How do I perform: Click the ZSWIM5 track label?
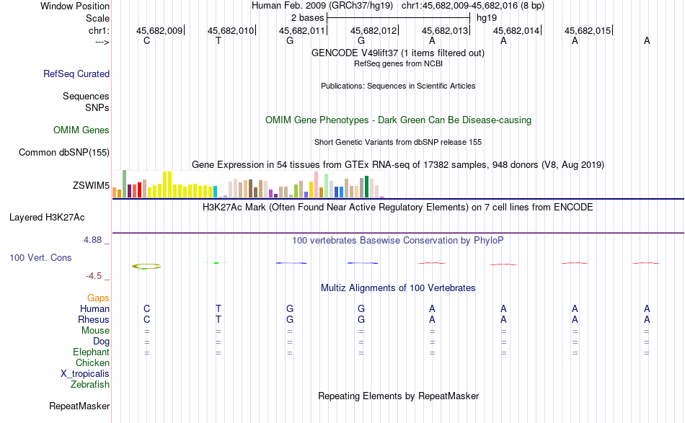(91, 186)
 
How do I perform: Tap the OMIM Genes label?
(81, 130)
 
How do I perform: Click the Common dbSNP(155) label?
(64, 152)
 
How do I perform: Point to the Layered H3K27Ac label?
(52, 217)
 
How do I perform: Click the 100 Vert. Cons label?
(40, 257)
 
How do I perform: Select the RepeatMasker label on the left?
(79, 406)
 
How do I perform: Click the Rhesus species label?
(94, 319)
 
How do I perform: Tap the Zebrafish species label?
(90, 384)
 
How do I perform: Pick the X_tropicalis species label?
(85, 373)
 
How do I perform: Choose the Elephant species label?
(91, 352)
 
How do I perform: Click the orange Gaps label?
(98, 298)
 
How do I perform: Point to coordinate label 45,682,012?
(374, 31)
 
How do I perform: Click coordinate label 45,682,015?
(588, 31)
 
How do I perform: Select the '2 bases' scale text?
(307, 17)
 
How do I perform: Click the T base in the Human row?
(218, 308)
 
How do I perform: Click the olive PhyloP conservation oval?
(146, 266)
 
